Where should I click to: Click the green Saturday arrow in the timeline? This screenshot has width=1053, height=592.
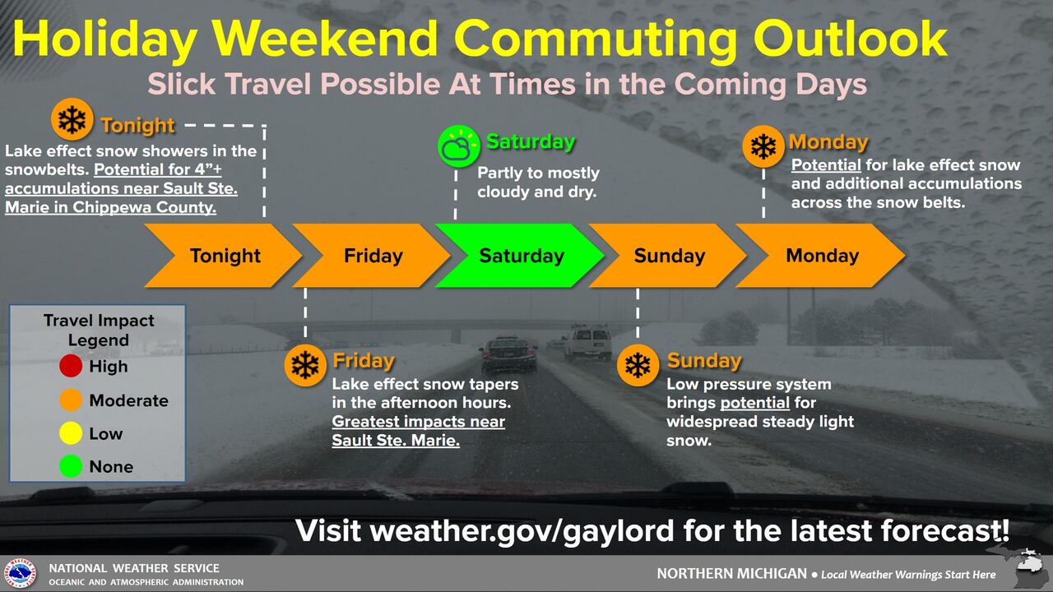point(520,256)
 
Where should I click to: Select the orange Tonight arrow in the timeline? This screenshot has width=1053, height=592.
point(223,256)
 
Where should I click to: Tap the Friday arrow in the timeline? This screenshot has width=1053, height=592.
point(371,256)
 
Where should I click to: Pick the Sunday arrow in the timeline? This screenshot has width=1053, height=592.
point(667,256)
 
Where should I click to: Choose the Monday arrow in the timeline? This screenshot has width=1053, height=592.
point(820,256)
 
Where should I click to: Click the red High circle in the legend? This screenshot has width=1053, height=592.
point(71,366)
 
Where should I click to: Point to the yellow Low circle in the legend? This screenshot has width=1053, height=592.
point(71,433)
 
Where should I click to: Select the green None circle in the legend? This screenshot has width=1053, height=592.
point(71,466)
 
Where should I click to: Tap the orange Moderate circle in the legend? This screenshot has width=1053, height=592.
point(71,400)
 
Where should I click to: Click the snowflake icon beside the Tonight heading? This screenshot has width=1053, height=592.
point(72,119)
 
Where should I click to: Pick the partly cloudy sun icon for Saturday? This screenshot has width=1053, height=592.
point(458,146)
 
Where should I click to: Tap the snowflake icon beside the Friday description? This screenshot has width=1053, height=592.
point(305,366)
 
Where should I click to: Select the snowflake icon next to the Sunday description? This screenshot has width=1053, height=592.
point(638,366)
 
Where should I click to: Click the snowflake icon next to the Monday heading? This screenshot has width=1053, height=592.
point(763,146)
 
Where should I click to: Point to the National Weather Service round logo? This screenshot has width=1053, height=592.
point(20,574)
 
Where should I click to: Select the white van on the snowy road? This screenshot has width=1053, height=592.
point(587,343)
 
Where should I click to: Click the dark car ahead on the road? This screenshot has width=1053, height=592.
point(508,354)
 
